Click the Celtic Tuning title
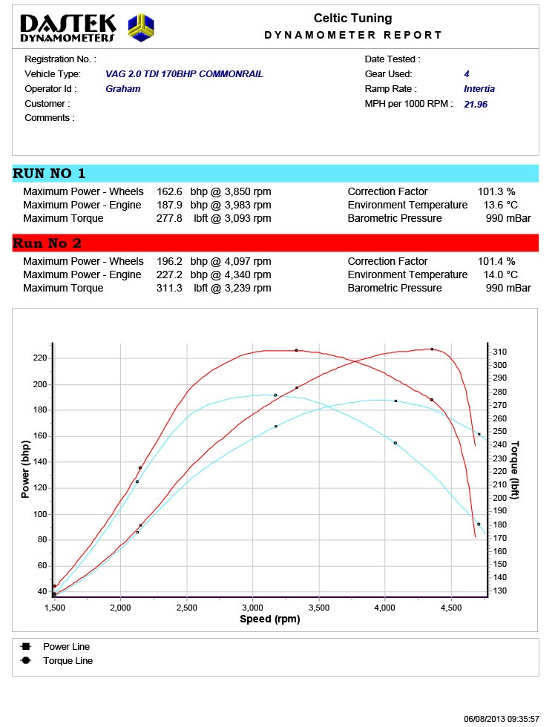tap(352, 19)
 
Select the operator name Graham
tap(122, 89)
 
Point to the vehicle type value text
tap(184, 74)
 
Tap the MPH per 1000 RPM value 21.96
tap(475, 104)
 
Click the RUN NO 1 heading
tap(49, 174)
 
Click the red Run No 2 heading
tap(47, 243)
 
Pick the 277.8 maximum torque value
tap(175, 218)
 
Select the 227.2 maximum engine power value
tap(175, 274)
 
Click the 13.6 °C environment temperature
tap(501, 205)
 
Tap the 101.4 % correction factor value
tap(496, 261)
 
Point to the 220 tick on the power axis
tap(39, 358)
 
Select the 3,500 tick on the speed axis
tap(319, 608)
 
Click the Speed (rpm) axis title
tap(270, 619)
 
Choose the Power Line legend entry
tap(66, 647)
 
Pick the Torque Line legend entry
tap(68, 660)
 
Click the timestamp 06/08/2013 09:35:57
tap(502, 719)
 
